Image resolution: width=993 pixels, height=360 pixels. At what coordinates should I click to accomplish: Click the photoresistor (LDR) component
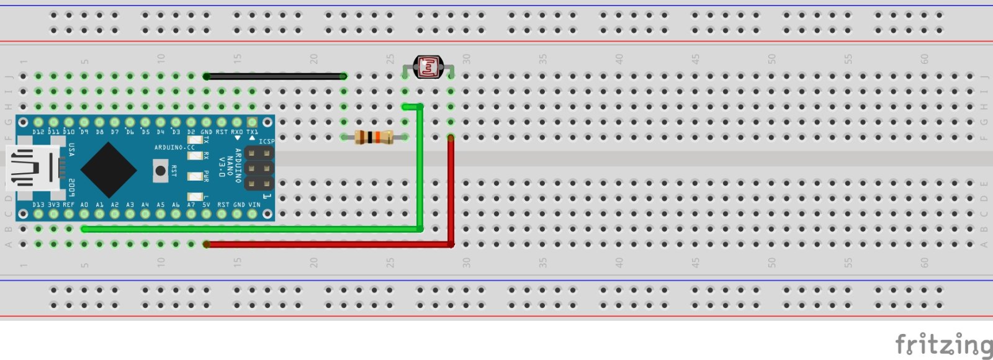428,66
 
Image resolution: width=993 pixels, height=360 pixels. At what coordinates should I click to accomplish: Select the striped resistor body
374,137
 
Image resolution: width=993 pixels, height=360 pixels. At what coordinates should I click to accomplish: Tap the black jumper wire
275,76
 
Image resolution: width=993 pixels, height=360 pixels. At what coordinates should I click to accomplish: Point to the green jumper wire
421,174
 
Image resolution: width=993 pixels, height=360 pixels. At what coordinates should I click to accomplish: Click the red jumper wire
451,192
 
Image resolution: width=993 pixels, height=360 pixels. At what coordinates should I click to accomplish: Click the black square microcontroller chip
109,169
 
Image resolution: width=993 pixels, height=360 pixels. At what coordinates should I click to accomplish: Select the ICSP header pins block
259,168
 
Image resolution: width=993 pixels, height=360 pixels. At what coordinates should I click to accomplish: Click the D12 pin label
38,132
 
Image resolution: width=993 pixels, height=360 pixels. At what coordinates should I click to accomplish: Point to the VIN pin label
254,204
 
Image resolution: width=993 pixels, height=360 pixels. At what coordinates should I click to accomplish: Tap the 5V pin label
206,204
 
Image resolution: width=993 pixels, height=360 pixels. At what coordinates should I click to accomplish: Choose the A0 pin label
84,204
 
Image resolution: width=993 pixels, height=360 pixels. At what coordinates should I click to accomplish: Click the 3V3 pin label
53,204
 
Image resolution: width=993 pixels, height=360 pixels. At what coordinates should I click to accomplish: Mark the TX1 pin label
252,132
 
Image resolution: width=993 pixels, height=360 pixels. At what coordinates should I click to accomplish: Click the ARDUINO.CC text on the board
174,148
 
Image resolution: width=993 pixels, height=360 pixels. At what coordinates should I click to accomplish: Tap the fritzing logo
943,344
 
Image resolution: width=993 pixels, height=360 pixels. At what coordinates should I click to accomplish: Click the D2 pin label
191,132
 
